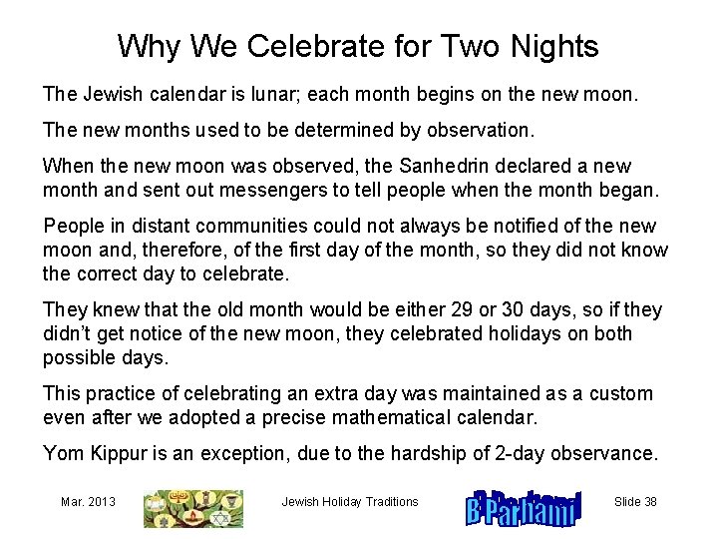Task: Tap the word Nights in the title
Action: click(x=553, y=46)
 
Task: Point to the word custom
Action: click(x=623, y=394)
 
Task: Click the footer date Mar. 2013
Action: click(x=88, y=502)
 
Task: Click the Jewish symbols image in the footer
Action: click(x=193, y=508)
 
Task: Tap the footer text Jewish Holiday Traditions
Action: click(x=350, y=502)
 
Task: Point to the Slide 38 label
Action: click(x=635, y=502)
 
